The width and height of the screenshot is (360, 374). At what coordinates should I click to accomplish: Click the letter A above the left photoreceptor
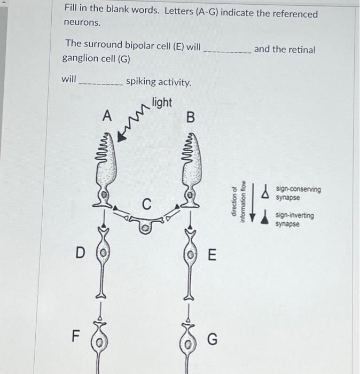108,116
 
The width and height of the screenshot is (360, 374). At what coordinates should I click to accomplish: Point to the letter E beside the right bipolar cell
212,255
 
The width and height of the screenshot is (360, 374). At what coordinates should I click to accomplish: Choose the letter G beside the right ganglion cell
212,339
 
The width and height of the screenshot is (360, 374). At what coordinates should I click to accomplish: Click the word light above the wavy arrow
162,102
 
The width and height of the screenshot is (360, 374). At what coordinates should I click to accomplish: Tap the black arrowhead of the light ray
122,136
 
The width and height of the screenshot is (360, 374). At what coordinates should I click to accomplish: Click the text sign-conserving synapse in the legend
298,193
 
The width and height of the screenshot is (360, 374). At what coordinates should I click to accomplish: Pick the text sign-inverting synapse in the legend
294,220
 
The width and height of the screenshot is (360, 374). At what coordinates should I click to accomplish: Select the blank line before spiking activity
101,83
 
